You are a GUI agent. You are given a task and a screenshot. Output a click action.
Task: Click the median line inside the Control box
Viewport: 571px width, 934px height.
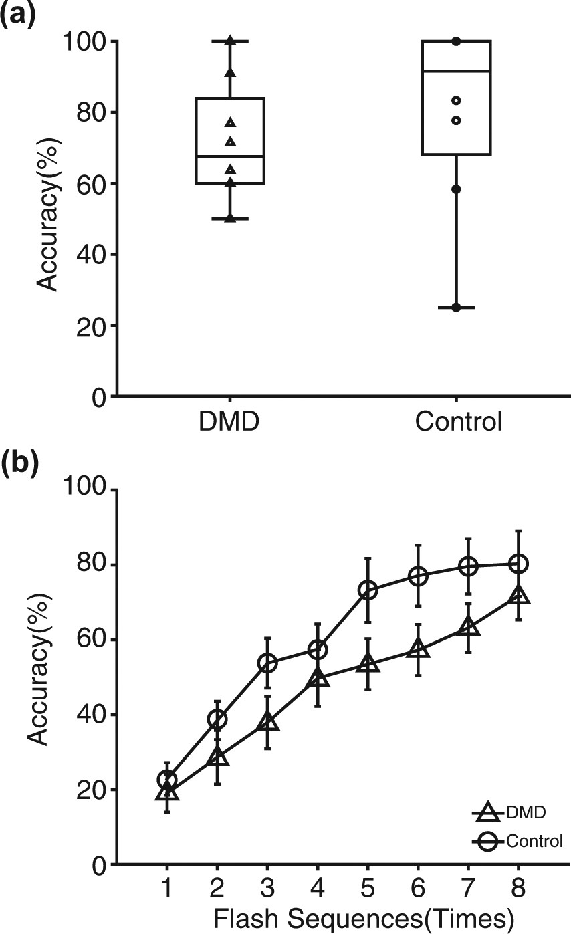coord(457,70)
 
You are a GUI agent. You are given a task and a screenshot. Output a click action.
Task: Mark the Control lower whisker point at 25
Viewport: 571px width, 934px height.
coord(457,308)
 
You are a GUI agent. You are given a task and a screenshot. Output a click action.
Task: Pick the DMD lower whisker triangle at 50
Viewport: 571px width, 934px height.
coord(230,218)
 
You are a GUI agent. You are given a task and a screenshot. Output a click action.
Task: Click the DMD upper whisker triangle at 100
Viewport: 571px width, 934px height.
coord(230,41)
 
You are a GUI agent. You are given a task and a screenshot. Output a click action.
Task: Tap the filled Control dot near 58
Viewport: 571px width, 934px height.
coord(457,189)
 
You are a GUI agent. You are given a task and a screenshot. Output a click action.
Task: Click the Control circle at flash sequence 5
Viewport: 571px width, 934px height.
coord(368,590)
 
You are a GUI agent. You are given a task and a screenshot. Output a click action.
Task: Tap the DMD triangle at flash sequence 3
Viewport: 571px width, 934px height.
coord(267,722)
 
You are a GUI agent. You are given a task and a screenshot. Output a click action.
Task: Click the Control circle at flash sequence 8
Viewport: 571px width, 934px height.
coord(519,564)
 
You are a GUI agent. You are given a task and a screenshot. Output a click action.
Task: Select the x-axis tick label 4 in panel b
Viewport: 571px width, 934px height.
coord(318,892)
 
